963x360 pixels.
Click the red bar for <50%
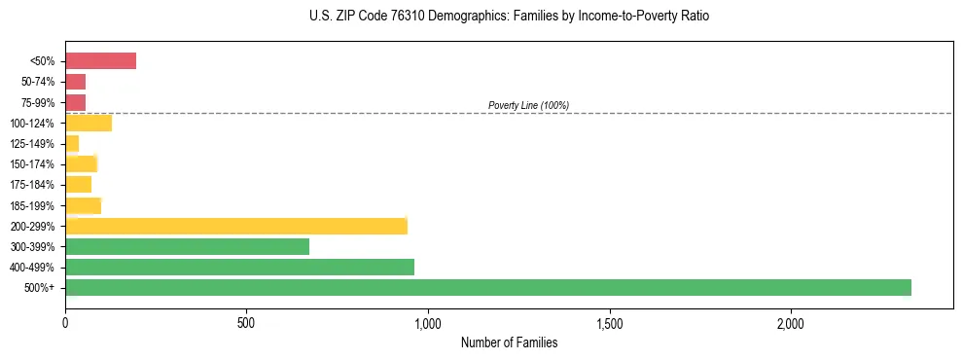pyautogui.click(x=101, y=61)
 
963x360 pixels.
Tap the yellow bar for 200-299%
pyautogui.click(x=236, y=226)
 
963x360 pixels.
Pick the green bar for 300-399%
pyautogui.click(x=188, y=246)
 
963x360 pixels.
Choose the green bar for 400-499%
pyautogui.click(x=240, y=267)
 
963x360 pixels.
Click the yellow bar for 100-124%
pyautogui.click(x=89, y=123)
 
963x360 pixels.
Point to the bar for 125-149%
pyautogui.click(x=72, y=143)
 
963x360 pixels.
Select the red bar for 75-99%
pyautogui.click(x=76, y=102)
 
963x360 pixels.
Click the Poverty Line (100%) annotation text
pyautogui.click(x=528, y=105)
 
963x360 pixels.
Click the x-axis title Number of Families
pyautogui.click(x=509, y=342)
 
